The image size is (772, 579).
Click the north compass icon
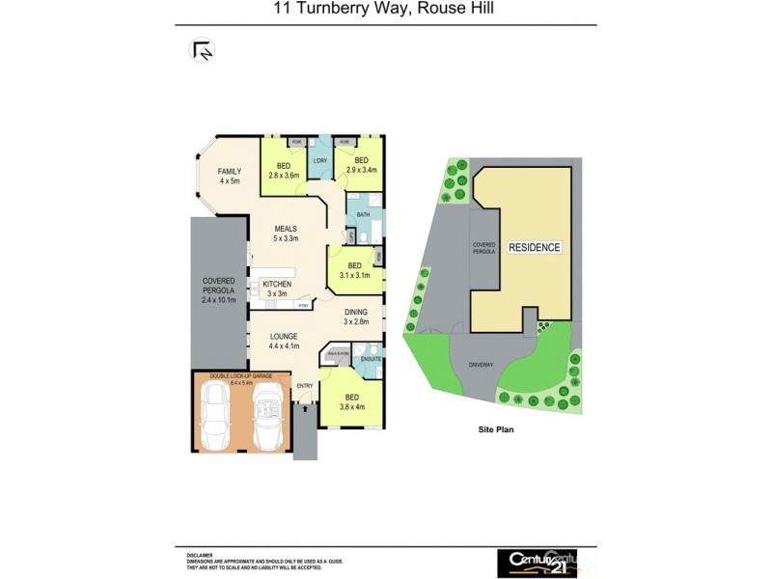pos(204,50)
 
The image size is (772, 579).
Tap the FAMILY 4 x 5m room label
pos(229,176)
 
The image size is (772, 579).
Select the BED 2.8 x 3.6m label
pos(284,170)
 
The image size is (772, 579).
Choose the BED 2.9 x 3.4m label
pos(362,164)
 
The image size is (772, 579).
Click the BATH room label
pos(363,214)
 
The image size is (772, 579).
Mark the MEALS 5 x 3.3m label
pos(286,234)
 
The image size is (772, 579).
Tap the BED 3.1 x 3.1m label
pos(354,269)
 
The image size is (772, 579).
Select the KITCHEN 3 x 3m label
pos(277,289)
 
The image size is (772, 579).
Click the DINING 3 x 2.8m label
pos(356,317)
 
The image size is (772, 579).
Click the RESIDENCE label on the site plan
pos(535,247)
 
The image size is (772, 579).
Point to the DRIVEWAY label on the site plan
pos(481,366)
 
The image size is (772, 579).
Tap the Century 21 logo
pos(537,561)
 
